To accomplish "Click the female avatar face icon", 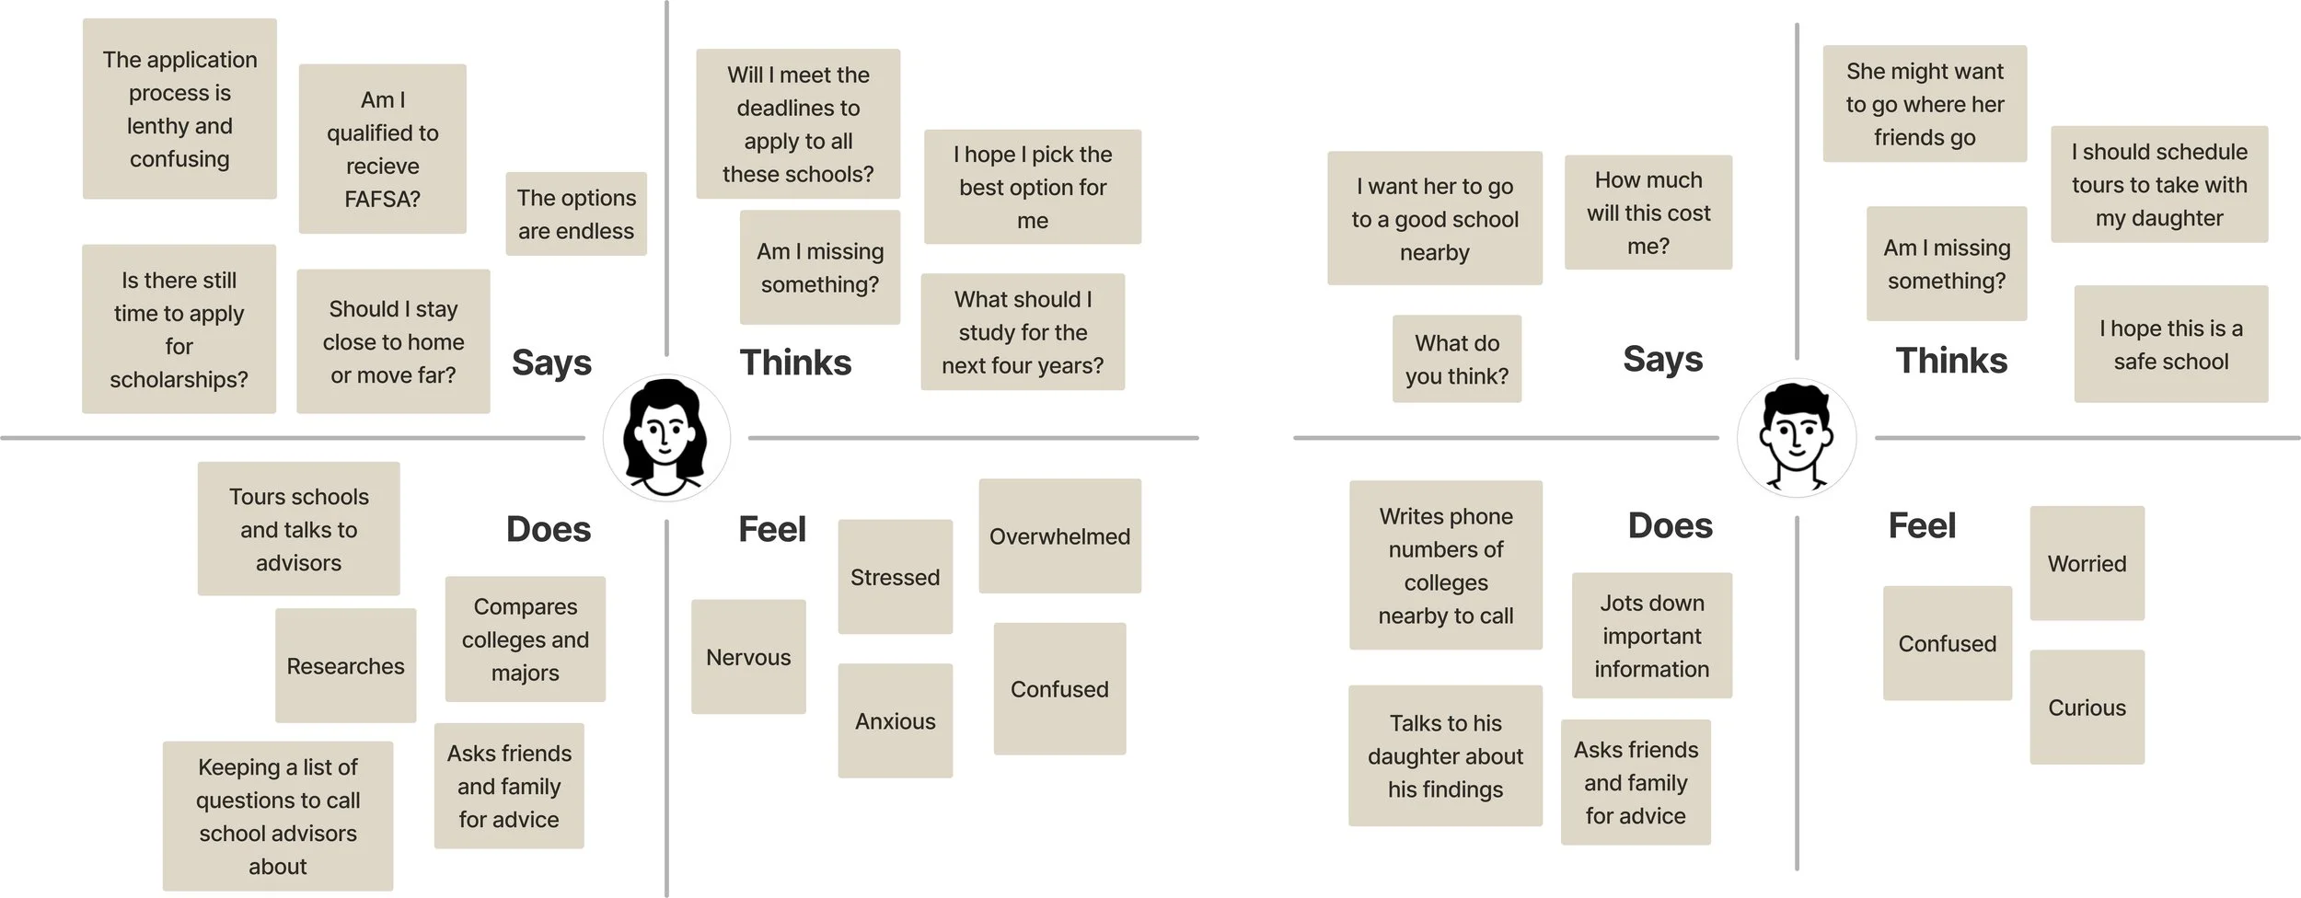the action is (x=666, y=438).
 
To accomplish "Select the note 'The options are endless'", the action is (x=576, y=213).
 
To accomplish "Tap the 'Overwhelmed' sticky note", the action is (x=1059, y=535).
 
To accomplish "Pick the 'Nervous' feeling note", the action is (x=748, y=657).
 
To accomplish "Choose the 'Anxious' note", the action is (x=895, y=720).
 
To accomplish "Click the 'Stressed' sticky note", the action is (x=895, y=577).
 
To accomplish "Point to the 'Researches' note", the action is (x=345, y=665).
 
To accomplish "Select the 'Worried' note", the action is (x=2087, y=563).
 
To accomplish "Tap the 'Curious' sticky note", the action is (x=2087, y=707).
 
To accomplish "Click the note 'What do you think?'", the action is (x=1456, y=359).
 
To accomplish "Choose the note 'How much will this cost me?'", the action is (x=1648, y=213).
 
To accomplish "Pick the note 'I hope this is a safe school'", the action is (x=2170, y=344).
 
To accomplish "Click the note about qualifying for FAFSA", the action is (x=382, y=149).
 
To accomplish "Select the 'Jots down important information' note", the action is (x=1651, y=635).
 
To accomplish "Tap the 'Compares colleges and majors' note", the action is (x=525, y=639).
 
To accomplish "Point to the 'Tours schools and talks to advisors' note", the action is (x=298, y=529).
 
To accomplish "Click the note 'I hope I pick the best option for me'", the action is (x=1032, y=187).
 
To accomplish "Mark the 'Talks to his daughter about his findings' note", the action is (x=1445, y=755).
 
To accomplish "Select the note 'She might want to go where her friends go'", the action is (x=1925, y=104).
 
